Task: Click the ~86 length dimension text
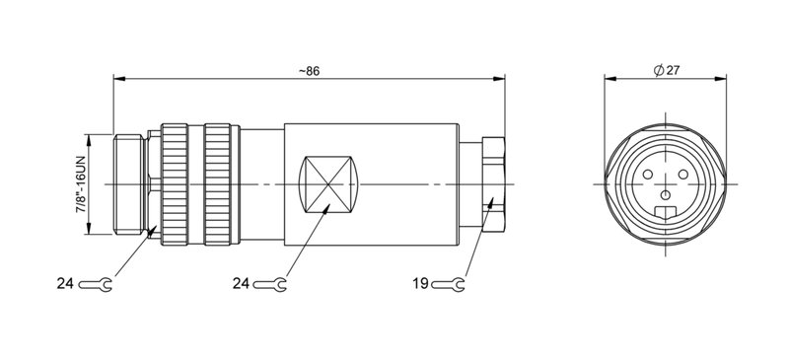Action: click(x=308, y=70)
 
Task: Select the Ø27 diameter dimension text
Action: click(x=668, y=70)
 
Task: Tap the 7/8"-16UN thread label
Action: click(x=80, y=184)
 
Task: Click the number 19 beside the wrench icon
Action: click(x=419, y=284)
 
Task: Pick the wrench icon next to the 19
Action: click(x=449, y=284)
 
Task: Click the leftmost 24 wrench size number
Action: click(x=65, y=284)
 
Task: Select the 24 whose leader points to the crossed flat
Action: click(x=241, y=284)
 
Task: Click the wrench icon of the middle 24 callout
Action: click(x=270, y=284)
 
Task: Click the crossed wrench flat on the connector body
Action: click(x=327, y=184)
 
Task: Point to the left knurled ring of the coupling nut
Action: click(x=174, y=184)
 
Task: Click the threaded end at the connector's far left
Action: click(x=128, y=184)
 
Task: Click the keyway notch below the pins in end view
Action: click(x=668, y=211)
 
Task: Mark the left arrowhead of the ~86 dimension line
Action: click(x=119, y=79)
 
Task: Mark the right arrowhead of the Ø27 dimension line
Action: click(x=727, y=79)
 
